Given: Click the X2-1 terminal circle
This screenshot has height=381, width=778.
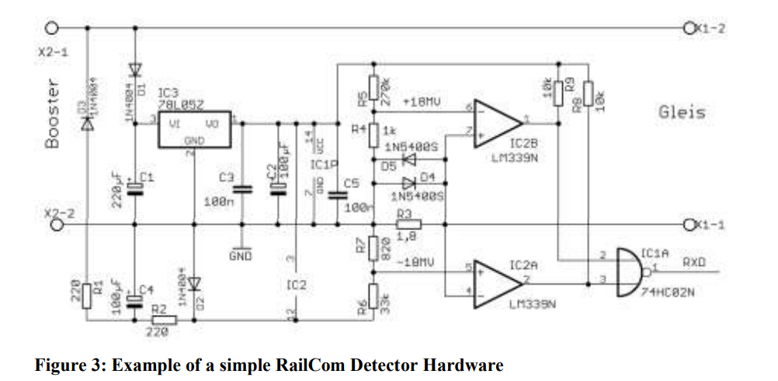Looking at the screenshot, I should coord(52,27).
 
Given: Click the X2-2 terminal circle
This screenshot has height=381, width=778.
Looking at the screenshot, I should coord(55,225).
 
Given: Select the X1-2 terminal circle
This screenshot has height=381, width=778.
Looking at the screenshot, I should coord(689,27).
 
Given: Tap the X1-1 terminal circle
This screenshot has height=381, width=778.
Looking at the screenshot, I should coord(689,225).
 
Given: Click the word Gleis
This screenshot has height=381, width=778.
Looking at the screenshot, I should coord(682,113).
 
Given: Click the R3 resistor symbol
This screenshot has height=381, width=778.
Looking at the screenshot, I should coord(405,225).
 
